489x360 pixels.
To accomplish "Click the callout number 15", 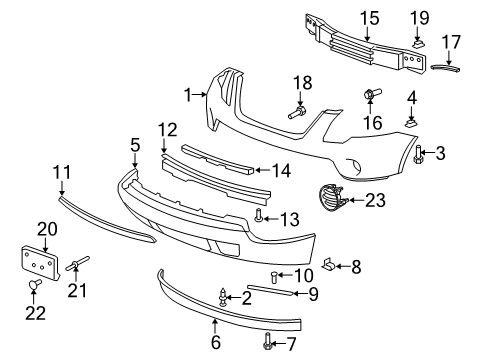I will (x=370, y=17).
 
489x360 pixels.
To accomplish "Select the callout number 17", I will (x=452, y=44).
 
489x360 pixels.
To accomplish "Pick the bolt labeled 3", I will (x=418, y=154).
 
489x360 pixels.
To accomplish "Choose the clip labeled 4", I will (x=411, y=120).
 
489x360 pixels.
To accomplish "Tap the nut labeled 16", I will (x=368, y=97).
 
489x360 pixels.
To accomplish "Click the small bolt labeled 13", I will (x=261, y=215).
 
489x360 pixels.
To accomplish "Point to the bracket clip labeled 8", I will (x=329, y=265).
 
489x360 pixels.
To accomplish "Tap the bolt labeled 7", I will (x=267, y=345).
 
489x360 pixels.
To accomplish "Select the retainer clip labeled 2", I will (x=224, y=296).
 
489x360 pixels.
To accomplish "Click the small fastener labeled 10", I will (x=276, y=276).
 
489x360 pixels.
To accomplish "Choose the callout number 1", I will (x=185, y=93).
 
